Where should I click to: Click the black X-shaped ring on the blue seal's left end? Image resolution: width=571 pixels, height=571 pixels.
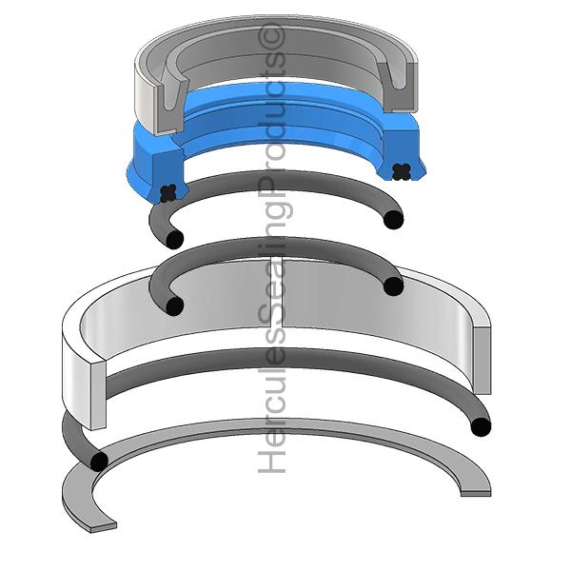[168, 193]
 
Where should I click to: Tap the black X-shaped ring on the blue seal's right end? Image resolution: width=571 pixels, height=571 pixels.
[402, 171]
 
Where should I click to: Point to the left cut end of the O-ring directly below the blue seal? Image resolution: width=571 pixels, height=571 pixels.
[174, 239]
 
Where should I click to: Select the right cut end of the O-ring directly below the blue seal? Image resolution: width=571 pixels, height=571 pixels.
[394, 220]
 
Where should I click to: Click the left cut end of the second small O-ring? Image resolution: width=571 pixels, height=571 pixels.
[174, 305]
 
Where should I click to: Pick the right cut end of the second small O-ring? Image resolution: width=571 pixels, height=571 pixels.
[394, 286]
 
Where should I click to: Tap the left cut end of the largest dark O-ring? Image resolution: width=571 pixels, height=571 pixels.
[99, 462]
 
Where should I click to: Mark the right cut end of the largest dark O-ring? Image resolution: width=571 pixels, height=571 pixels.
[481, 426]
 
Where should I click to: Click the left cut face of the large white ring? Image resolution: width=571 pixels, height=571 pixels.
[98, 395]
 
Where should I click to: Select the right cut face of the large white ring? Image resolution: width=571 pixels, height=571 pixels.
[482, 361]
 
